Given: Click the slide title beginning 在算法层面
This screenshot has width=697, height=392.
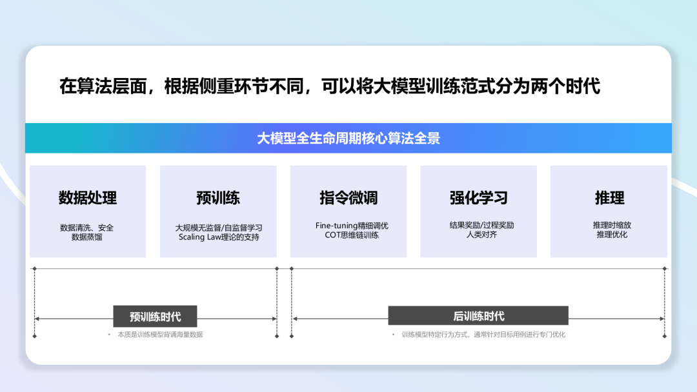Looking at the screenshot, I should [329, 86].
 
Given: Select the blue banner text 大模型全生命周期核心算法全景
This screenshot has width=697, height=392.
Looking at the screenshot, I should [348, 138].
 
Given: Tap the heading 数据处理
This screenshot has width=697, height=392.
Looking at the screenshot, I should [88, 197].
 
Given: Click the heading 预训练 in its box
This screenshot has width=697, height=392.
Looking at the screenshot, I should [218, 197].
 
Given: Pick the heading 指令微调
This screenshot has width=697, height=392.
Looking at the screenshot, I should [348, 197].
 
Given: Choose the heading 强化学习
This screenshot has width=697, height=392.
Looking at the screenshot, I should [478, 197].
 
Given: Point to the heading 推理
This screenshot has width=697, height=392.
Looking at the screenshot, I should [610, 197].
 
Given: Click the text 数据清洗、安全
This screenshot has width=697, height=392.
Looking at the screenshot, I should [87, 227].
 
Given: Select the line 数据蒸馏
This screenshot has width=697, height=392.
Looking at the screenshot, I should [87, 237].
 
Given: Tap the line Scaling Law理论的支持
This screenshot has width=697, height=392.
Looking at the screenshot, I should [218, 237].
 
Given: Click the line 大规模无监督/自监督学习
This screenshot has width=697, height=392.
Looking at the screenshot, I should [218, 228].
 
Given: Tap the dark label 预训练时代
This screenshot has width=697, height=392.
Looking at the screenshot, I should [155, 317].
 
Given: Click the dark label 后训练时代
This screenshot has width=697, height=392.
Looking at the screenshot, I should [478, 316].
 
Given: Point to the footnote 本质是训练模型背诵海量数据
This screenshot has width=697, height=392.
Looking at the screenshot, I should [159, 335].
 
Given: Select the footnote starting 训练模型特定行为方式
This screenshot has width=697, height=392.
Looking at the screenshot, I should [483, 335].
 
